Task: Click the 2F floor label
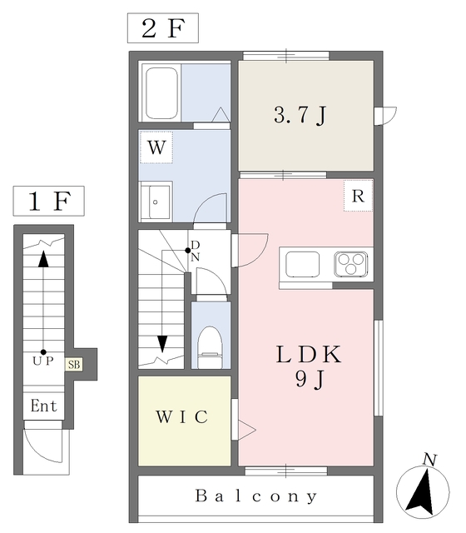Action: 163,28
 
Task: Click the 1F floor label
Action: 49,201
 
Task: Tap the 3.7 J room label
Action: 300,115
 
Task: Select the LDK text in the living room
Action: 309,354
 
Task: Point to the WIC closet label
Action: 181,416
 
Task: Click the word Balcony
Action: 256,496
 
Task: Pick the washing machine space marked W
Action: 156,147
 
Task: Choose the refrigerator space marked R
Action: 359,196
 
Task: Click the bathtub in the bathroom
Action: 161,92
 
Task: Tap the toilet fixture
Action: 210,347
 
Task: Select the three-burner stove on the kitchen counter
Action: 351,264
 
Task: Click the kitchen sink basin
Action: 303,264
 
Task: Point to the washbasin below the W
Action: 156,202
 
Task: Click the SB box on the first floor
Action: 74,365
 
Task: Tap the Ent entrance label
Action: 43,406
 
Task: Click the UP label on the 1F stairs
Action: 43,361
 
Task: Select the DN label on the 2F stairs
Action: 195,251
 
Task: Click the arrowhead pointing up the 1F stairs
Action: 43,259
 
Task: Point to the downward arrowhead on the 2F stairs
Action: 163,344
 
